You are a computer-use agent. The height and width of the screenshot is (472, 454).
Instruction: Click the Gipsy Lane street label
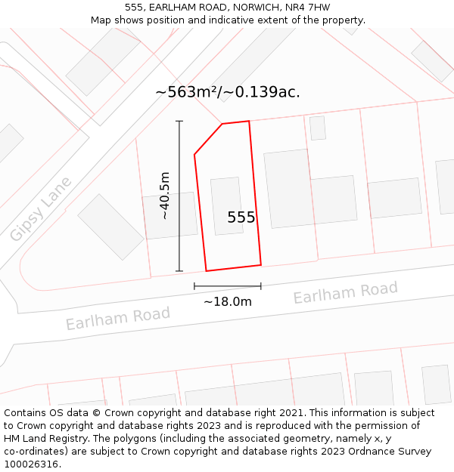(x=41, y=209)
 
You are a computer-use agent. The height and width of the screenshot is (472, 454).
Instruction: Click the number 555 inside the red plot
(x=241, y=217)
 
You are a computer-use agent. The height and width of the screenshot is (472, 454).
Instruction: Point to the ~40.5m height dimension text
(x=164, y=196)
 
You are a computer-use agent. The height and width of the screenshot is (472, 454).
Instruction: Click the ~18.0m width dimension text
(x=227, y=301)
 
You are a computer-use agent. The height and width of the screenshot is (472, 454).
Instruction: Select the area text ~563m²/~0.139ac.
(x=228, y=92)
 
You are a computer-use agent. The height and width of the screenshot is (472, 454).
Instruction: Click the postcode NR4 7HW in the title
(x=309, y=8)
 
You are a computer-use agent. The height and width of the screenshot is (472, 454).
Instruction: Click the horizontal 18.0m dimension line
(x=227, y=286)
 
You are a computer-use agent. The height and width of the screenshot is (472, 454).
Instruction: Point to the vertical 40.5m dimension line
(x=179, y=196)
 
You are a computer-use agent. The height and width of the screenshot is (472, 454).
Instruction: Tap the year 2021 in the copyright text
(x=290, y=413)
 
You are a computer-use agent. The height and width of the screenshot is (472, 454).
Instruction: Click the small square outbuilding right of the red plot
(x=318, y=128)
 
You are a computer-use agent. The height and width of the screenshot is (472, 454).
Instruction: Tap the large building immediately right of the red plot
(x=288, y=188)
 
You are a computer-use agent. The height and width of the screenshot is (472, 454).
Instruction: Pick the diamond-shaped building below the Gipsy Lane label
(x=110, y=227)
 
